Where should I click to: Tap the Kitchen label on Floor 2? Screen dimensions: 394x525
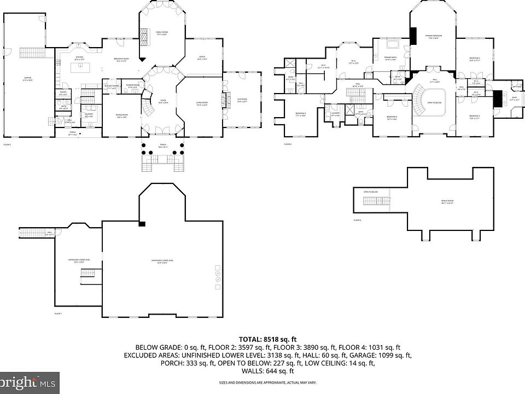tap(79, 57)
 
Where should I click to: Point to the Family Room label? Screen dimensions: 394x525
tap(161, 33)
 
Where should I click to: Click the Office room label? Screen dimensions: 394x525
tap(202, 58)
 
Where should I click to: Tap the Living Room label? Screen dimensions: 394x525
tap(202, 104)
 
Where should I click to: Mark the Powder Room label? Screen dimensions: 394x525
tap(132, 86)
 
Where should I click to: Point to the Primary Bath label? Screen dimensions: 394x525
tap(390, 59)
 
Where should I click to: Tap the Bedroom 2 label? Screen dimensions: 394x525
tap(474, 59)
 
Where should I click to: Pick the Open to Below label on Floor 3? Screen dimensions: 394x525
tap(435, 102)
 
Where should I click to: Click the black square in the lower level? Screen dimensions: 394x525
tap(142, 223)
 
